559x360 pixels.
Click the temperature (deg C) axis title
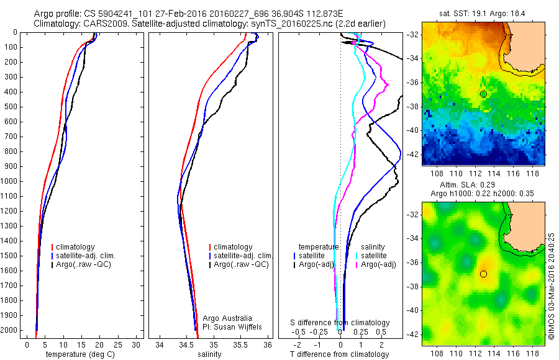coord(81,355)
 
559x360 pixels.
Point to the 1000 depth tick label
coord(11,181)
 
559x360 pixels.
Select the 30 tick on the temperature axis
coord(136,344)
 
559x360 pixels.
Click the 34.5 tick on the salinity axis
coord(186,344)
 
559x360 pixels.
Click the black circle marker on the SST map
coord(483,94)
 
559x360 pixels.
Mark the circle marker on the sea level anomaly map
coord(483,274)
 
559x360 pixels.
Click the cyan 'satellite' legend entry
coord(373,255)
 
